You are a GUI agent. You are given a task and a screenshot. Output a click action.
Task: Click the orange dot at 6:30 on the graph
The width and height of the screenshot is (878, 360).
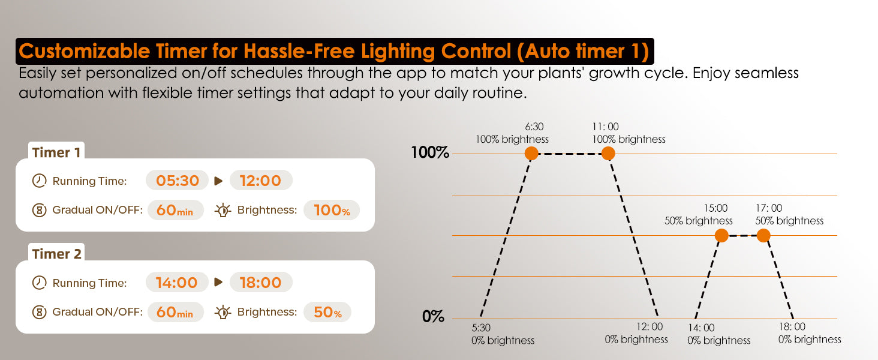click(531, 154)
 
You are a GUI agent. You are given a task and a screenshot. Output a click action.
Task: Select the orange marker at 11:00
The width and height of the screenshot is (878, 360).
click(608, 154)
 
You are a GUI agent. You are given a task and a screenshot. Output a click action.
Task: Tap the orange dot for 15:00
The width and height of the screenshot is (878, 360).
click(721, 235)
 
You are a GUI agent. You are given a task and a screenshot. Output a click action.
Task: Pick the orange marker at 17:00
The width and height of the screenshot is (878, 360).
click(763, 235)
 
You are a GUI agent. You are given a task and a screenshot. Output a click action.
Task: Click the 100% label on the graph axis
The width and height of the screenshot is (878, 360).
click(429, 152)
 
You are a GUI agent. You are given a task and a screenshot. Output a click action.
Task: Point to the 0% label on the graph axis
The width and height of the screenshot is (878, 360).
click(433, 316)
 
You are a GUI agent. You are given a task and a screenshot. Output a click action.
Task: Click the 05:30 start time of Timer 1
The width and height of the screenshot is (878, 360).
click(177, 181)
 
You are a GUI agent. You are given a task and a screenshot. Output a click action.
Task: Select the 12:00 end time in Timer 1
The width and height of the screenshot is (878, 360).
click(261, 181)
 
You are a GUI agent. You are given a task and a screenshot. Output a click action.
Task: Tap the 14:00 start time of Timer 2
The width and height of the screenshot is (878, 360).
click(177, 283)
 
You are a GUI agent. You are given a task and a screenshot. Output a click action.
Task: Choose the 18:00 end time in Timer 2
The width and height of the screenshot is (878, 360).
click(261, 283)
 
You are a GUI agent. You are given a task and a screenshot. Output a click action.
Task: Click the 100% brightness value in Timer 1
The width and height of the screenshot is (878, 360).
click(332, 210)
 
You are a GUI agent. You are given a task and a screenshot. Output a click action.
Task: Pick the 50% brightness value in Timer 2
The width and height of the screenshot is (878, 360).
click(327, 312)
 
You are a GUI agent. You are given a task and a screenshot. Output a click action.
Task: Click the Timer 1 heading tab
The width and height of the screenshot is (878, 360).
click(56, 152)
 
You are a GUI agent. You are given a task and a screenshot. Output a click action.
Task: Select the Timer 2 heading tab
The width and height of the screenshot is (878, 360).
click(56, 254)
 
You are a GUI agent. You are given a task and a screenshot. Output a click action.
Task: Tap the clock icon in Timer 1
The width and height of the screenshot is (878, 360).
click(39, 181)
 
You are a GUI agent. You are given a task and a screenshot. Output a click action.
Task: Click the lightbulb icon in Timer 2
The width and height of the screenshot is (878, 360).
click(222, 312)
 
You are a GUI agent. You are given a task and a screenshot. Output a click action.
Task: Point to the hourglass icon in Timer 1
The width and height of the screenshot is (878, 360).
click(39, 210)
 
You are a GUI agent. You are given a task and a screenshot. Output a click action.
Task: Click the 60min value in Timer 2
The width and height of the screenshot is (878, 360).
click(175, 312)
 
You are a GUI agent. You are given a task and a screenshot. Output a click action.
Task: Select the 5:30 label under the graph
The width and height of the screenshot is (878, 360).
click(481, 328)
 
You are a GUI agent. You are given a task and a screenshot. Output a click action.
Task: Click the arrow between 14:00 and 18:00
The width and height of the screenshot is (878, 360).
click(219, 283)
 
